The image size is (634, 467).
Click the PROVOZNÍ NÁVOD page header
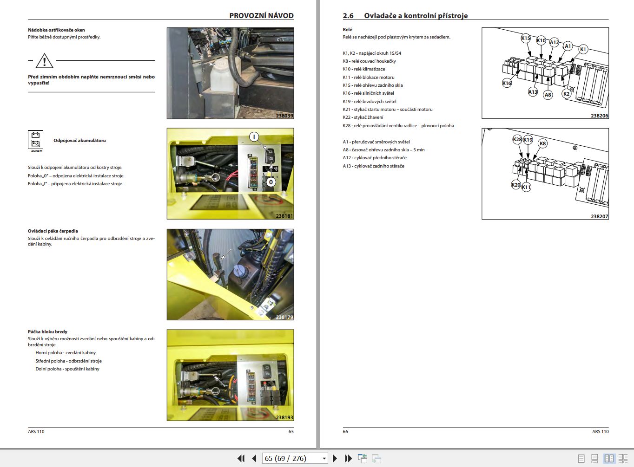pos(261,15)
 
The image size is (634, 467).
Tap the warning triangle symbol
pos(44,61)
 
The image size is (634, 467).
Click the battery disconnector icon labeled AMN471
pos(36,139)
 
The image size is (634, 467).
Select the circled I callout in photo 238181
pos(254,137)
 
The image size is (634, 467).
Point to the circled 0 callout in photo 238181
pos(271,182)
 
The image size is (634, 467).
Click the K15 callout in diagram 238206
pos(526,39)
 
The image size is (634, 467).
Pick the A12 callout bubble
pos(554,43)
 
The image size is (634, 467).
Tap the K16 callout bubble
pos(507,83)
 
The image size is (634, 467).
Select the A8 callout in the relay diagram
pos(548,95)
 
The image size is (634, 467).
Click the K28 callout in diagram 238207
pos(517,139)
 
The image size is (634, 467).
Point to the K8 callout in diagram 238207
pos(542,143)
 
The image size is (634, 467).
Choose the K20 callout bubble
pos(516,185)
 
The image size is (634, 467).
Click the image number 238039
pos(284,116)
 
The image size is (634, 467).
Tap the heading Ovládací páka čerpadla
pos(53,231)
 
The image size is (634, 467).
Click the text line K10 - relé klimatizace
pos(364,69)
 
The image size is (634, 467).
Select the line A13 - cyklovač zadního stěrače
pos(374,166)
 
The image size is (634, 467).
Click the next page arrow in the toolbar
pos(335,459)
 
